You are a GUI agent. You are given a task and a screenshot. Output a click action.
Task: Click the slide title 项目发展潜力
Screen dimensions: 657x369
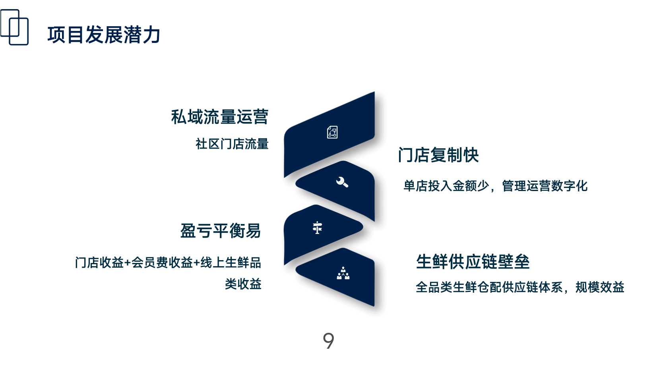103,35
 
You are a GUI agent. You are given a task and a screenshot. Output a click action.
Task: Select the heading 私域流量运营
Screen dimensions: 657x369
219,117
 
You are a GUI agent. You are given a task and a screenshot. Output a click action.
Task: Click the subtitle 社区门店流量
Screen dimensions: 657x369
232,144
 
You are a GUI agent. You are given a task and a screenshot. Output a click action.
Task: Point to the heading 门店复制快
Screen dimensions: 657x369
438,155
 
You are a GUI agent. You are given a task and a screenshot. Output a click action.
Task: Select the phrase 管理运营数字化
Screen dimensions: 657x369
545,186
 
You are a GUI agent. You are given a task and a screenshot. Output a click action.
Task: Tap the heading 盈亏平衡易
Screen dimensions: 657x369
220,231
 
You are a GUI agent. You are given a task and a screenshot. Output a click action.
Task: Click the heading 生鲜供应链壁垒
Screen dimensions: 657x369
473,261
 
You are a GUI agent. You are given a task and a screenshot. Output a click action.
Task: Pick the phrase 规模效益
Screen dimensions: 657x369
600,287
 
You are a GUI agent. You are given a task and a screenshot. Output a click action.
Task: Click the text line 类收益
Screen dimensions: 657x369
243,284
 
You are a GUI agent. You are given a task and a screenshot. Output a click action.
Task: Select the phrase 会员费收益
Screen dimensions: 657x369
162,262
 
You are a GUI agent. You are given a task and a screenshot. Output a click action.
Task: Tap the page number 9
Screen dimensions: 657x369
328,340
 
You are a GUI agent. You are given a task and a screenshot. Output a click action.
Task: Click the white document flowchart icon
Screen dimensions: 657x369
332,132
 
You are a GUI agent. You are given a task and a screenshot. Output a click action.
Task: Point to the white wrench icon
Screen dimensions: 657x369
342,182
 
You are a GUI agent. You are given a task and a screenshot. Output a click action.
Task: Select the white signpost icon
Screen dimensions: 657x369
317,228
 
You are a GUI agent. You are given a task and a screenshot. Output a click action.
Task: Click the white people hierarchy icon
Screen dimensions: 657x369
343,273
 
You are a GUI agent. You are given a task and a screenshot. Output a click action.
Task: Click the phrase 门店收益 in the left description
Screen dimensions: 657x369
99,262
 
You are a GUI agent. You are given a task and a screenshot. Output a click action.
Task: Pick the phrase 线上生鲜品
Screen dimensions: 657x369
231,262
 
